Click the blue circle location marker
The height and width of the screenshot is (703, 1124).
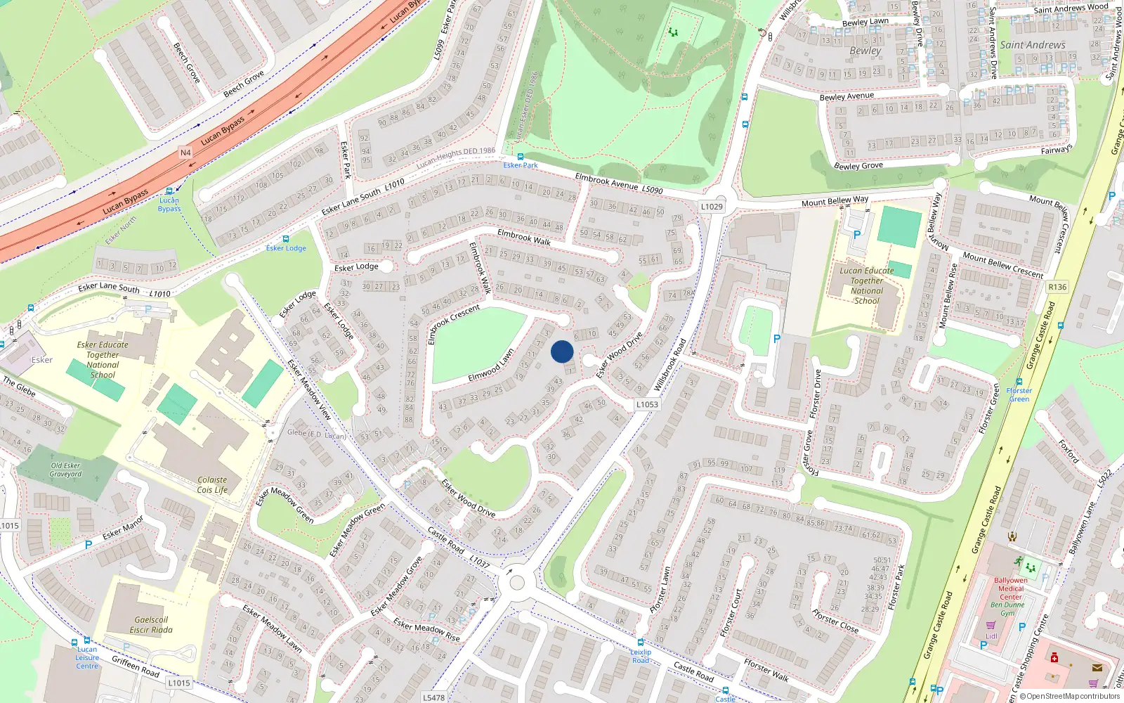tap(562, 351)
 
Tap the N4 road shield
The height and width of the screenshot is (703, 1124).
tap(185, 153)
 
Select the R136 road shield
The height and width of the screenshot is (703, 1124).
tap(1057, 287)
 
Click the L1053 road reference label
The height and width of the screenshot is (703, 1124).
tap(647, 404)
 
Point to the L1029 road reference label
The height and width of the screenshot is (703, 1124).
tap(712, 207)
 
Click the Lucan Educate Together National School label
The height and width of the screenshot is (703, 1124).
tap(867, 285)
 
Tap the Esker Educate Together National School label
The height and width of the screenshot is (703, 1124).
tap(103, 360)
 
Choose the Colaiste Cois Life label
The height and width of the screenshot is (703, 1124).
tap(212, 485)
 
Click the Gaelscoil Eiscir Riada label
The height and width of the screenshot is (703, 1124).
tap(152, 625)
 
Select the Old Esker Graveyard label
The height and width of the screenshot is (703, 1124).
tap(66, 470)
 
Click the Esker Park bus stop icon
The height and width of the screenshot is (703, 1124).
tap(521, 157)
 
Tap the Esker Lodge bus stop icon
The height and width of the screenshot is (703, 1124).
tap(285, 239)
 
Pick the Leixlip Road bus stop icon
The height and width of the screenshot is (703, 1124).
tap(640, 643)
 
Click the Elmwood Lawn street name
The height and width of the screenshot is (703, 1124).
tap(491, 366)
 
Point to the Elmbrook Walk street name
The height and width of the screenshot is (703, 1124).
tap(523, 237)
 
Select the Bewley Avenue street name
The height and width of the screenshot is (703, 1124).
tap(847, 96)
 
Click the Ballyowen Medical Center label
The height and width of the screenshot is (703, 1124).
tap(1011, 588)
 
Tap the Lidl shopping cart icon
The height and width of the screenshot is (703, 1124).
tap(991, 625)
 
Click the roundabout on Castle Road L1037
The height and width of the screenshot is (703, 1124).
tap(517, 582)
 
